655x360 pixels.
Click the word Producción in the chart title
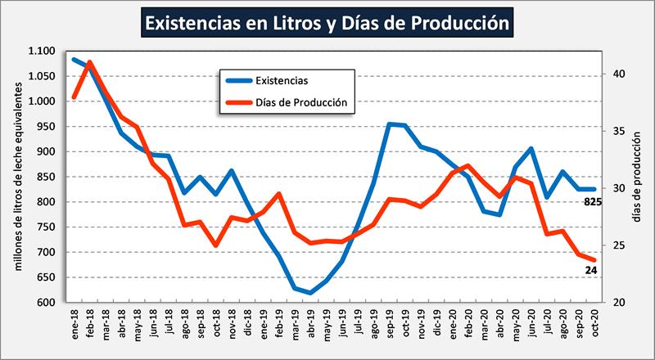point(455,22)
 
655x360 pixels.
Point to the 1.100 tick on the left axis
point(42,52)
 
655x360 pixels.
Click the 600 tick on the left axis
point(47,303)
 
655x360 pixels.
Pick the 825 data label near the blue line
point(593,202)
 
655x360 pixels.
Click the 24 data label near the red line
point(590,271)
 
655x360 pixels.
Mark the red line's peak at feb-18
point(90,62)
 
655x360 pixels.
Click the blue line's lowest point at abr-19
point(310,292)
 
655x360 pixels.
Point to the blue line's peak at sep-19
point(390,124)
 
